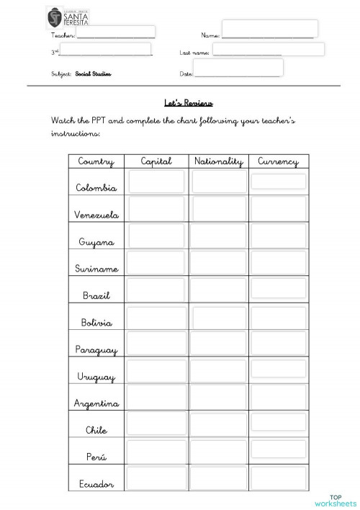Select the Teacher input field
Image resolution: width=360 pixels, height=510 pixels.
[115, 32]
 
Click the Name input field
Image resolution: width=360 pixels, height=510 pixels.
[269, 29]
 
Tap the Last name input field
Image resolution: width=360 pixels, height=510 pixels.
[268, 50]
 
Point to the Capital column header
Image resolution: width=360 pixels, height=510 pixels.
[156, 161]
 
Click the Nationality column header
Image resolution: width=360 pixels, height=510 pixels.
[219, 161]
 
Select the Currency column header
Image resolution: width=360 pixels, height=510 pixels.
[278, 161]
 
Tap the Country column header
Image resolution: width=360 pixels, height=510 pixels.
[96, 161]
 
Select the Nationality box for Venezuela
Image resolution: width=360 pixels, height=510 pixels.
[219, 208]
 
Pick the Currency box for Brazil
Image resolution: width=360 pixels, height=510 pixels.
[279, 289]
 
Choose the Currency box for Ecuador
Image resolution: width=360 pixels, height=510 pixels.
[279, 478]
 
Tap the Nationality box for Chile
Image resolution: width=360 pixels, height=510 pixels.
[219, 424]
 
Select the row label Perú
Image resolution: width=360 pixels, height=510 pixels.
[96, 457]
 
